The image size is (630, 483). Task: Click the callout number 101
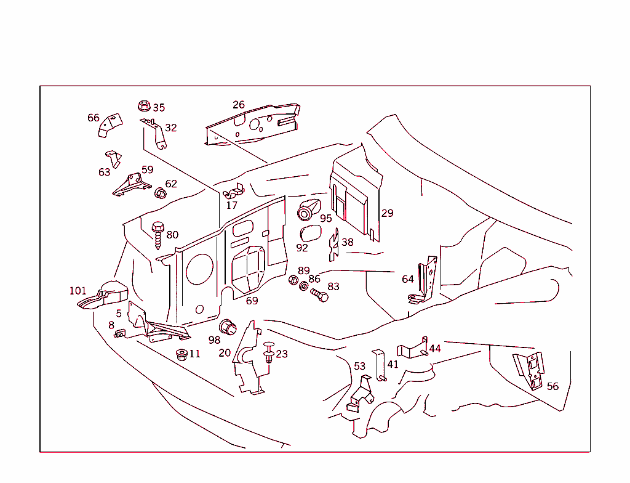(78, 291)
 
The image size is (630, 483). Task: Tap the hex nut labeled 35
(145, 106)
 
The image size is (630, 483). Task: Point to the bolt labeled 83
(319, 296)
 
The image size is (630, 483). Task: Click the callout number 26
(239, 105)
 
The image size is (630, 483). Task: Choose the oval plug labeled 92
(309, 233)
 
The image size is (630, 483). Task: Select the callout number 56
(553, 386)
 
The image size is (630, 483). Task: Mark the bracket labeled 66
(111, 124)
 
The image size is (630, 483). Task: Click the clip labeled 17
(234, 192)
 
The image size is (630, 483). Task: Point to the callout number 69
(252, 301)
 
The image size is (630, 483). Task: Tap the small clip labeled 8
(119, 334)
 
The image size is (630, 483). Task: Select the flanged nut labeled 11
(181, 355)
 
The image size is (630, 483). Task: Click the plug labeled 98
(229, 327)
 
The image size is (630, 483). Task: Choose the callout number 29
(387, 213)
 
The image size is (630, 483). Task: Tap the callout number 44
(435, 349)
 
